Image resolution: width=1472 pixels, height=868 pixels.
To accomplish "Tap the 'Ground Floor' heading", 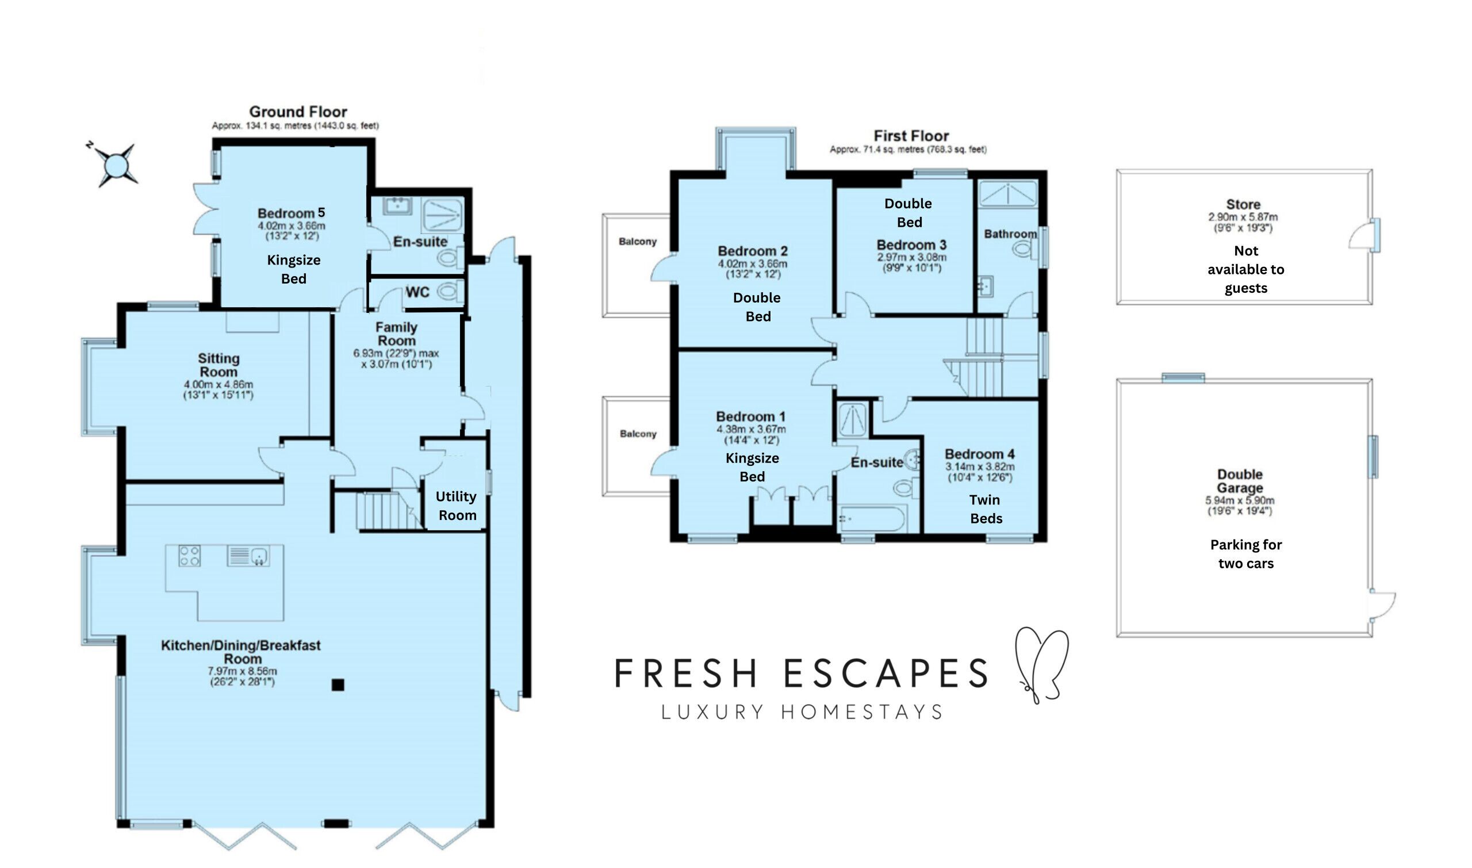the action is [x=298, y=112].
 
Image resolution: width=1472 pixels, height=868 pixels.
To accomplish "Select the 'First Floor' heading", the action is [x=911, y=136].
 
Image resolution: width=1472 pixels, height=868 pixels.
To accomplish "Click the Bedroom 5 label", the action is [x=291, y=213].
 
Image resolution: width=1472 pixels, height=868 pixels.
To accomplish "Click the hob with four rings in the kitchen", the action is [x=189, y=555].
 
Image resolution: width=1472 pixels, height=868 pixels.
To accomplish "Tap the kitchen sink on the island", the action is [x=248, y=555].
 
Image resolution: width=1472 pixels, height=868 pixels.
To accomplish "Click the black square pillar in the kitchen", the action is [x=338, y=685].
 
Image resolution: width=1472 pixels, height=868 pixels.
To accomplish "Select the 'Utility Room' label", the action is [x=457, y=506].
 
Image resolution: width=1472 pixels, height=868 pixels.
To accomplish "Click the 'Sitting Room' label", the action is [x=218, y=365].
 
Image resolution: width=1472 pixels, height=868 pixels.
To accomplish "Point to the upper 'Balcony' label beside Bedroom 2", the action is [x=638, y=242].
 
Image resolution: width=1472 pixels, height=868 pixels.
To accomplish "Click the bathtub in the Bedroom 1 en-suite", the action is [x=872, y=519].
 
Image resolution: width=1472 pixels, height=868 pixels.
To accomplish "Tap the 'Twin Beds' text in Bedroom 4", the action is [x=986, y=509].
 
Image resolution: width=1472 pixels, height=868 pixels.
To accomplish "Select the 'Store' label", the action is [x=1243, y=204].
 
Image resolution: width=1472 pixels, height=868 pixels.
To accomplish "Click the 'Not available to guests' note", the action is [x=1246, y=270].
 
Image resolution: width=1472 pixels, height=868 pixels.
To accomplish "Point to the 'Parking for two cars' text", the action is [x=1246, y=554].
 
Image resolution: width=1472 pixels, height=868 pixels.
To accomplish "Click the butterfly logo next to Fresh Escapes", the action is [x=1041, y=664].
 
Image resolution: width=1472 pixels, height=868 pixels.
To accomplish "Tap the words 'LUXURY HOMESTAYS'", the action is [x=802, y=712].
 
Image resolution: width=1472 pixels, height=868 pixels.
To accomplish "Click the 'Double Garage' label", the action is [x=1240, y=481].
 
